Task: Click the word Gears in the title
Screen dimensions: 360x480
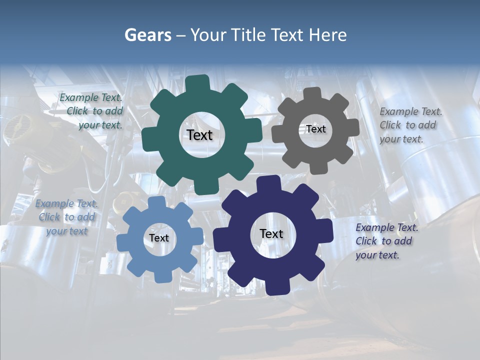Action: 147,35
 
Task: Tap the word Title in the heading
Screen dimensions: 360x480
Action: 248,35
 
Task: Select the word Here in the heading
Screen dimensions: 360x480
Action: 327,35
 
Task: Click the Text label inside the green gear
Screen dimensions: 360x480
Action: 199,135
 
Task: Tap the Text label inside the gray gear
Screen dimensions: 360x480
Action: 315,129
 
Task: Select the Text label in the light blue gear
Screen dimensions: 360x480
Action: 159,238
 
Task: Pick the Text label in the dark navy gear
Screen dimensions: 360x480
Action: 271,233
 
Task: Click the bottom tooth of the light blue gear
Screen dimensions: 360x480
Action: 161,276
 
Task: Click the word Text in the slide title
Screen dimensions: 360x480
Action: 288,35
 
